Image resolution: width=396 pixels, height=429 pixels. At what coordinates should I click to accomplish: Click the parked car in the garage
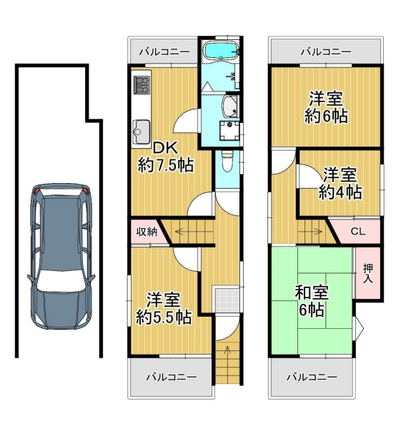pos(61,256)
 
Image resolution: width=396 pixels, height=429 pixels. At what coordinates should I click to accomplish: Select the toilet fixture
pos(227,162)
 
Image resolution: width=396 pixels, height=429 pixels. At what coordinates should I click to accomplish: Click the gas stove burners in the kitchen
pos(142,84)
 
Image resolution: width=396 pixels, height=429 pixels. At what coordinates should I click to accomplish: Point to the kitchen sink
pos(142,132)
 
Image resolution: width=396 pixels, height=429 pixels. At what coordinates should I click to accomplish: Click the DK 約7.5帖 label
pos(165,157)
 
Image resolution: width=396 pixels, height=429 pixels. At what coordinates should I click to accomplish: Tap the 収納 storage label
pos(147,232)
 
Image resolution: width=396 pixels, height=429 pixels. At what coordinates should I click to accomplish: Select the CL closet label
pos(358,232)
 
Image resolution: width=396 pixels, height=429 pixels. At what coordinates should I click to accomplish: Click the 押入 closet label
pos(368,273)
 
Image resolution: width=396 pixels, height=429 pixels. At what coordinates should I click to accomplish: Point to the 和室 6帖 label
pos(312,301)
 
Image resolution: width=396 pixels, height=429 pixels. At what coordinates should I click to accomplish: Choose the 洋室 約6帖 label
pos(326,107)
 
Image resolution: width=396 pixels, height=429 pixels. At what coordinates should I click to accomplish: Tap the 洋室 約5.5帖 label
pos(164,308)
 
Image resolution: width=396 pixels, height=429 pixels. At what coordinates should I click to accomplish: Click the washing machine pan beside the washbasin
pos(229,130)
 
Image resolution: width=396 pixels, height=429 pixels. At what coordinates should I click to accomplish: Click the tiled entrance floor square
pos(227,300)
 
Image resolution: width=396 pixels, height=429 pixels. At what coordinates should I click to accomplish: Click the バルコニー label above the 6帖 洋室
pos(326,51)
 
